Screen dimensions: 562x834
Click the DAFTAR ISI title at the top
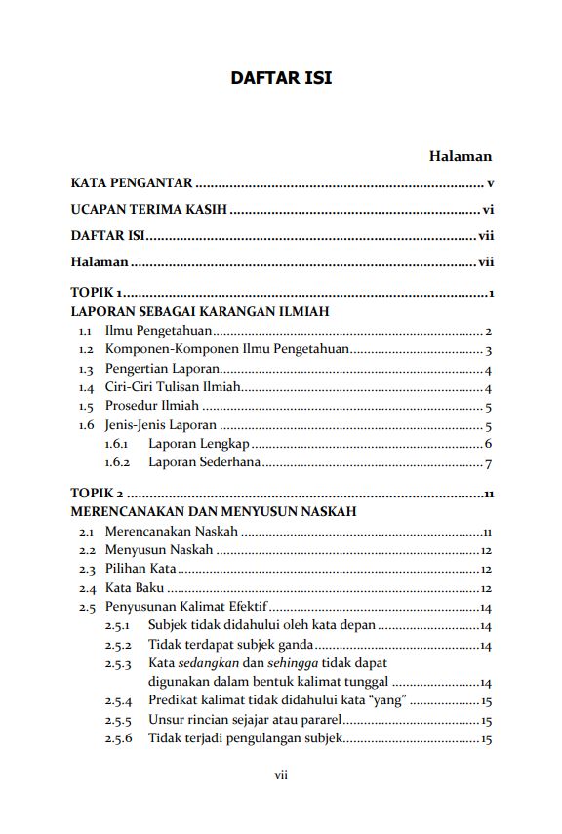pyautogui.click(x=281, y=77)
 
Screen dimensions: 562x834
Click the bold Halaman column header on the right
pyautogui.click(x=460, y=156)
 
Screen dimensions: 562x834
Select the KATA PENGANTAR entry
pyautogui.click(x=131, y=183)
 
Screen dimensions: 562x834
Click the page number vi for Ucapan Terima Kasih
pyautogui.click(x=488, y=210)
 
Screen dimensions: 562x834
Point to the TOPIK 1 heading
pyautogui.click(x=96, y=294)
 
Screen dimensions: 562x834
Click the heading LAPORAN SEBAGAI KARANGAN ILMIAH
pyautogui.click(x=199, y=312)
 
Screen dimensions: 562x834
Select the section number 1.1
pyautogui.click(x=86, y=332)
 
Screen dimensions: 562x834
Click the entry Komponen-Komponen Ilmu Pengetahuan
pyautogui.click(x=226, y=350)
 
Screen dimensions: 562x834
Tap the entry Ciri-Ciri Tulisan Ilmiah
pyautogui.click(x=172, y=388)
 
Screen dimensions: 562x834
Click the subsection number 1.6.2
pyautogui.click(x=117, y=463)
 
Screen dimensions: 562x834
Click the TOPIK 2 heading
pyautogui.click(x=97, y=493)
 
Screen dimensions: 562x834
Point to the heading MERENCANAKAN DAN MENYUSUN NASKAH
pyautogui.click(x=213, y=511)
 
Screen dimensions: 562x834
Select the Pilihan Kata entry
pyautogui.click(x=140, y=569)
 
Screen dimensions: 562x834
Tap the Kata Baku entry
pyautogui.click(x=134, y=588)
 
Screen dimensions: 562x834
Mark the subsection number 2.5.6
pyautogui.click(x=117, y=738)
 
